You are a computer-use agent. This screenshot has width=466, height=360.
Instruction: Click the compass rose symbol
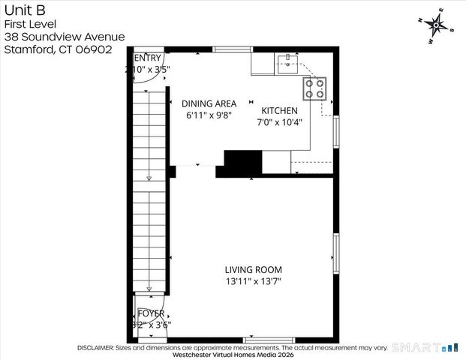click(436, 25)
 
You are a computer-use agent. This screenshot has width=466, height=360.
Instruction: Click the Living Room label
click(254, 270)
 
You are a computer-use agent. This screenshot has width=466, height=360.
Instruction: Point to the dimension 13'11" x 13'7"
click(254, 282)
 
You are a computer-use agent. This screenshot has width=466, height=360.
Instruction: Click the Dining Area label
click(209, 103)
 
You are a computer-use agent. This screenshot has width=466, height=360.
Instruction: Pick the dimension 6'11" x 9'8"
click(209, 115)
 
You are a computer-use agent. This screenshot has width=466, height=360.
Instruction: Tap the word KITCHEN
click(279, 110)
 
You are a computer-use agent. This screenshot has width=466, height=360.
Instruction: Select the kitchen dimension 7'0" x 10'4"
click(279, 123)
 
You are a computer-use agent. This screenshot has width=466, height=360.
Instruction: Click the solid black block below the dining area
click(242, 163)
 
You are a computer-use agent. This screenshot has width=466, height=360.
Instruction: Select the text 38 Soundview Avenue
click(64, 37)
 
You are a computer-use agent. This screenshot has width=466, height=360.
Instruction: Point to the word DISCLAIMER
click(95, 348)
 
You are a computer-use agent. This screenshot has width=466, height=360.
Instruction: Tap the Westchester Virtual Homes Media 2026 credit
click(233, 355)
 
